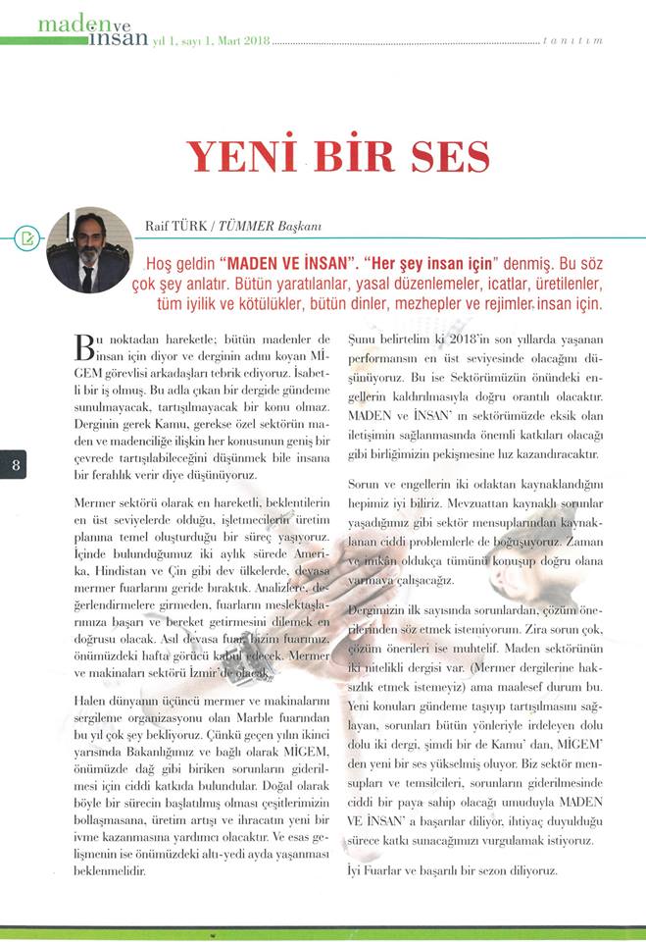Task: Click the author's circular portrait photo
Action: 89,249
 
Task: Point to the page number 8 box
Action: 17,465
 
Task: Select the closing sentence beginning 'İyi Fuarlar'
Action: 452,870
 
